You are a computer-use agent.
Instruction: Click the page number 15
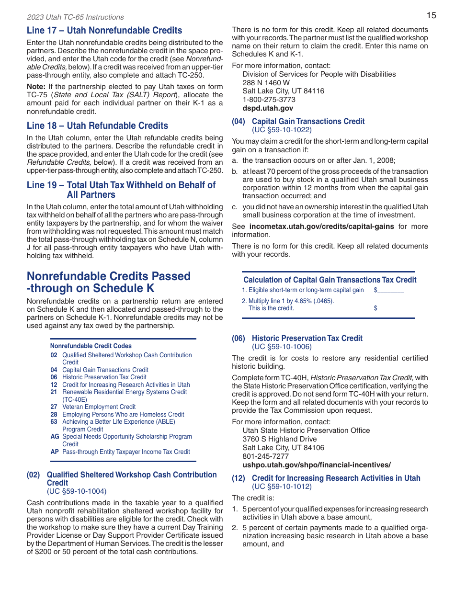(x=431, y=15)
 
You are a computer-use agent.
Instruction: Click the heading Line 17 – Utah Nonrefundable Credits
(x=104, y=31)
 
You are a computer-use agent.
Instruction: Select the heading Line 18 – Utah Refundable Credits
(x=97, y=126)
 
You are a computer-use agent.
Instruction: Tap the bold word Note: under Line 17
(x=36, y=87)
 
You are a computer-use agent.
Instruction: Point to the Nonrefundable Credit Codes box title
(x=91, y=346)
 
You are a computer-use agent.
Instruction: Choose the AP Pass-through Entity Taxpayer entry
(x=120, y=452)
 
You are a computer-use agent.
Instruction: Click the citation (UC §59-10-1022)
(x=282, y=130)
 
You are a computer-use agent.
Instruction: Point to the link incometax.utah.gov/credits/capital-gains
(x=321, y=227)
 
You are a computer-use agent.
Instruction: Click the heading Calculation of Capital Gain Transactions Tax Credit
(x=330, y=280)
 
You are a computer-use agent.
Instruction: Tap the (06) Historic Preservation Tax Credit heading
(x=297, y=338)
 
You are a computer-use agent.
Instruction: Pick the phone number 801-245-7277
(x=265, y=456)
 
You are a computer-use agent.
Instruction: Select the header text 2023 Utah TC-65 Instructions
(x=75, y=17)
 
